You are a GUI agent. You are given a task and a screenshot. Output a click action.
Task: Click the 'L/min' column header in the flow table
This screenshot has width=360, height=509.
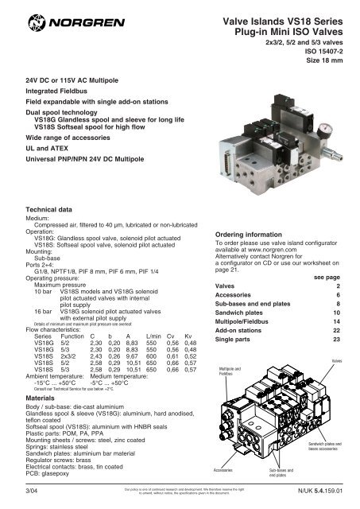pyautogui.click(x=148, y=336)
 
